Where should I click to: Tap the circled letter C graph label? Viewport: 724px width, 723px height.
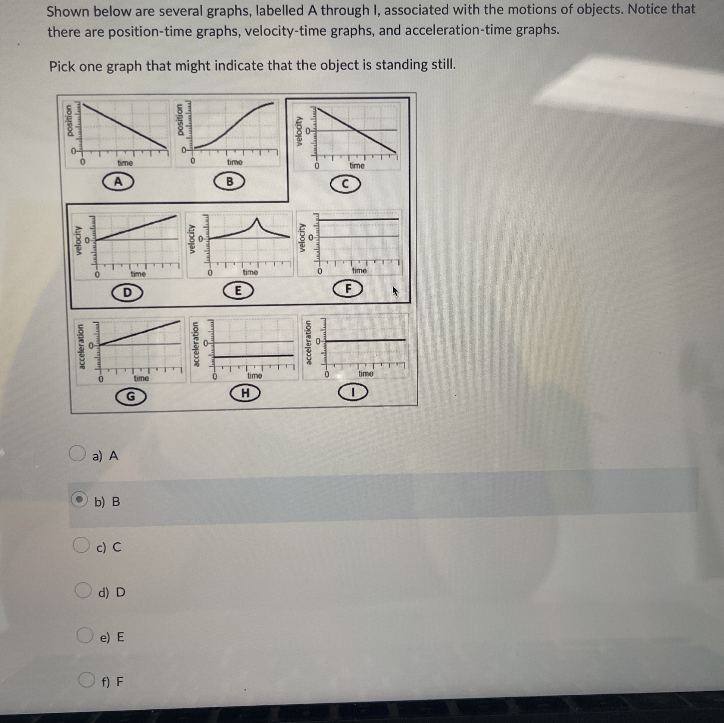pos(345,184)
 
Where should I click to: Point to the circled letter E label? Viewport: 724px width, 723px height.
pos(238,291)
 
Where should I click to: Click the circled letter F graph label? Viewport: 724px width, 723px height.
pos(348,289)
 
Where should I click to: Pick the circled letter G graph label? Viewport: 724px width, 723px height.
pos(130,396)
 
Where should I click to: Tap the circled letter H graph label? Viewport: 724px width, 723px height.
pos(245,393)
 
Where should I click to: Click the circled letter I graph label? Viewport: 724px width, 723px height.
pos(353,393)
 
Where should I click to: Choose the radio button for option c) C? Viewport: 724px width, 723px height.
pos(81,545)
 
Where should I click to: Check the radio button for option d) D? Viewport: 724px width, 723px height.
pos(83,590)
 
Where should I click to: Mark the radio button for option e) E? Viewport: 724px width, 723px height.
pos(85,635)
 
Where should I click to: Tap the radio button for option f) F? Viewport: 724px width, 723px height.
pos(87,680)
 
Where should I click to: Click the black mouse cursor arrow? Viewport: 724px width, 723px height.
pos(395,291)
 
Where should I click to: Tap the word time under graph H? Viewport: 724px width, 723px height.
pos(254,375)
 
